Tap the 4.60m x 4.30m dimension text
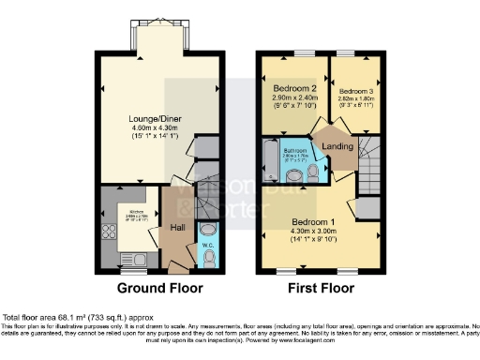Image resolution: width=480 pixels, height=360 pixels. click(159, 128)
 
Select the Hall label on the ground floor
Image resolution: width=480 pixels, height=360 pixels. click(176, 227)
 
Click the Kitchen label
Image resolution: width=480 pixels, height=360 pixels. click(128, 212)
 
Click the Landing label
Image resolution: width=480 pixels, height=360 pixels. click(337, 146)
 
